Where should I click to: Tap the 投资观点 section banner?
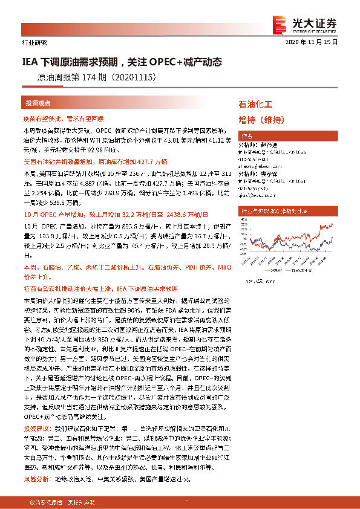(38, 103)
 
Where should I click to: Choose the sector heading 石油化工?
(257, 105)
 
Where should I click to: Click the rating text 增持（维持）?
(261, 120)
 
